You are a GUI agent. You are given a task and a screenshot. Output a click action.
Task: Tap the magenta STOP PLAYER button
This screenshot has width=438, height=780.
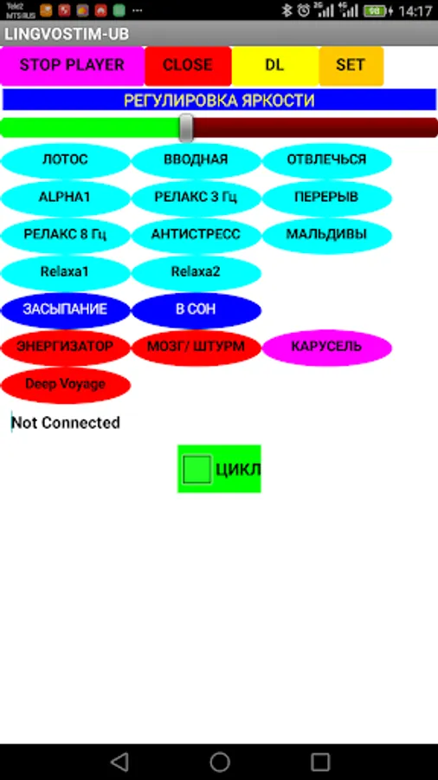tap(72, 65)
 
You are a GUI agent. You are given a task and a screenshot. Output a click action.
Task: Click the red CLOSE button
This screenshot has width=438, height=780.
tap(188, 65)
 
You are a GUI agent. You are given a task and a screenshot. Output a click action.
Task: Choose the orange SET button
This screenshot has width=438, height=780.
tap(351, 65)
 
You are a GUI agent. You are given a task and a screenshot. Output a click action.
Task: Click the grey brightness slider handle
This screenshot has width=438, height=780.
tap(186, 128)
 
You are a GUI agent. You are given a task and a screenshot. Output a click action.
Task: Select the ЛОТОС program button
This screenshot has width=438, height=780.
tap(65, 160)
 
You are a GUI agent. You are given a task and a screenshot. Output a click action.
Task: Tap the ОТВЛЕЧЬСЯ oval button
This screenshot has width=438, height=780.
tap(326, 160)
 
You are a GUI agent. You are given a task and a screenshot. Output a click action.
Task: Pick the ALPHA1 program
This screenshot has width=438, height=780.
tap(65, 198)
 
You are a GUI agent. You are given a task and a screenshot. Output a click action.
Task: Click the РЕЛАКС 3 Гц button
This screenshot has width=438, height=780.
tap(196, 198)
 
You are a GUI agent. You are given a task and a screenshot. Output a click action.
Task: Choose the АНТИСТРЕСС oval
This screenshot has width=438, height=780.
tap(196, 235)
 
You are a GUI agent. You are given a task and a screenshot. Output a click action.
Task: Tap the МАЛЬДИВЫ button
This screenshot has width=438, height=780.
tap(326, 235)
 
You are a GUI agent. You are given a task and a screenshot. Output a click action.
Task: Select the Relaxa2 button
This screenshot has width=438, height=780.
tap(196, 273)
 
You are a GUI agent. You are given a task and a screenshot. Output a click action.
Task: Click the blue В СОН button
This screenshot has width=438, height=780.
tap(196, 310)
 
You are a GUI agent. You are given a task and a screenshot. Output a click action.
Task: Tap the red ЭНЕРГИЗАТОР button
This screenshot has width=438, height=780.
tap(65, 348)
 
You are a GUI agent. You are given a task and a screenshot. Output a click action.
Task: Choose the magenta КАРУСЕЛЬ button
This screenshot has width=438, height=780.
tap(326, 348)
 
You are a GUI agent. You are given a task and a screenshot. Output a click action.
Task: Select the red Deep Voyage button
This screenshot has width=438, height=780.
tap(65, 385)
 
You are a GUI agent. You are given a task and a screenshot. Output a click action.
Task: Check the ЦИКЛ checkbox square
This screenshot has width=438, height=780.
tap(197, 469)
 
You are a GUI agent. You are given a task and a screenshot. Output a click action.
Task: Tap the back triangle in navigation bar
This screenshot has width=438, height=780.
tap(119, 762)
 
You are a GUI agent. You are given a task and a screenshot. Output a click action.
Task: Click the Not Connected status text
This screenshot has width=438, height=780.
tap(66, 423)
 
